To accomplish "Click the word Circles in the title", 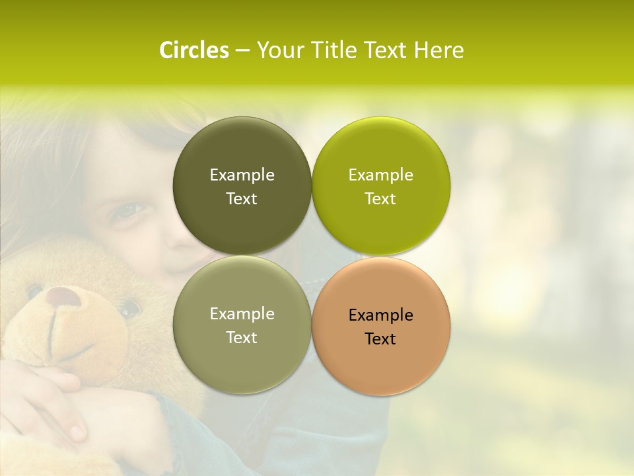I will click(x=194, y=50).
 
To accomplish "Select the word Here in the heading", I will click(x=439, y=50).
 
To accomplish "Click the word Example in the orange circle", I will click(x=380, y=315).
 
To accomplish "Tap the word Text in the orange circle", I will click(x=380, y=339).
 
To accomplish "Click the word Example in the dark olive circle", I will click(x=242, y=175).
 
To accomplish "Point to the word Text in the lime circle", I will click(x=380, y=199).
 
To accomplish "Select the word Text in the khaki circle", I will click(x=242, y=338).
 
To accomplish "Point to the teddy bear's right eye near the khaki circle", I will click(x=129, y=308).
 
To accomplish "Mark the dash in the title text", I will click(x=242, y=51).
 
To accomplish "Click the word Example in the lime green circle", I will click(x=380, y=175).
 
